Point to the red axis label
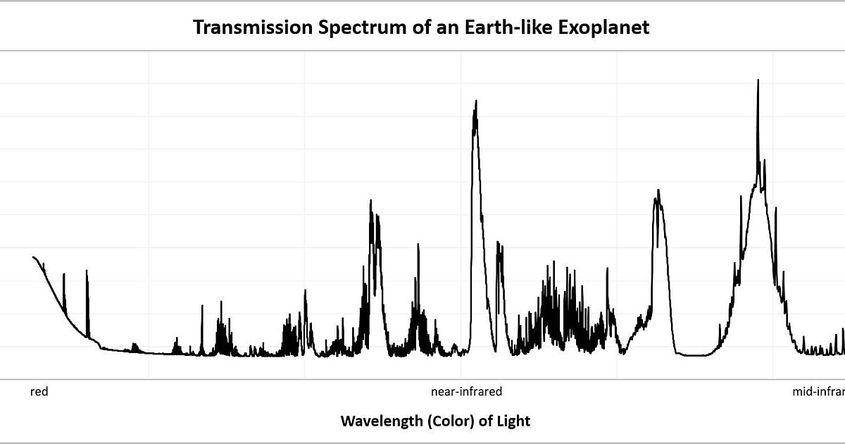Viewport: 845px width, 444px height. click(x=39, y=392)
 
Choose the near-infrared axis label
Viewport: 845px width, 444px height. click(x=466, y=392)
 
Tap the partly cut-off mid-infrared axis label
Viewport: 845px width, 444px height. click(x=818, y=392)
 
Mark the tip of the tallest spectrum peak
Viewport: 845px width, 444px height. click(x=758, y=80)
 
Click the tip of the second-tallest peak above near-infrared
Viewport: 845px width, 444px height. click(x=476, y=101)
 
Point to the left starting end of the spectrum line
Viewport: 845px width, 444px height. click(x=33, y=257)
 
